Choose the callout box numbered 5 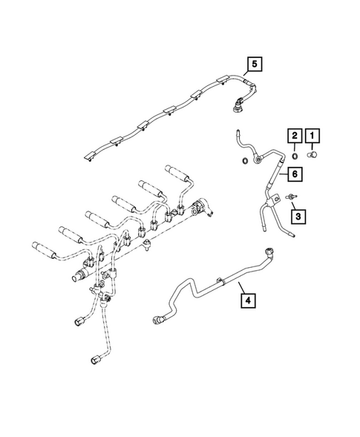click(x=255, y=64)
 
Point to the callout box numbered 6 click(x=295, y=174)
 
